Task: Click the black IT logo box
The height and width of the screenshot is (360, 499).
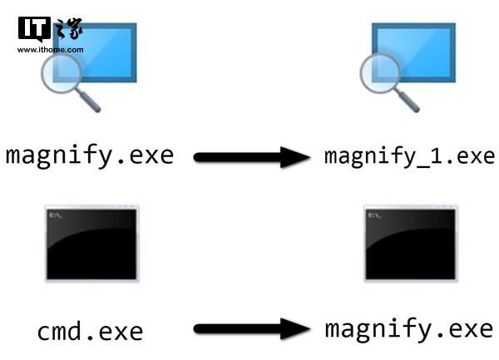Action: [x=34, y=29]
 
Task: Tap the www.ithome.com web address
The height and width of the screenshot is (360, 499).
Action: [x=51, y=50]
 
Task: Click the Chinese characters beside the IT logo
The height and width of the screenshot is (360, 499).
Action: [x=68, y=28]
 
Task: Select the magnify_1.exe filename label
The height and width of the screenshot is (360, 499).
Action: [x=409, y=156]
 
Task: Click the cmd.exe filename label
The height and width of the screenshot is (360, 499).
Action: [x=90, y=332]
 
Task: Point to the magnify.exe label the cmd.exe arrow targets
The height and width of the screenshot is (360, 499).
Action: [x=409, y=331]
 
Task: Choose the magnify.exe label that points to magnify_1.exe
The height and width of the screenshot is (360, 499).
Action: [x=90, y=156]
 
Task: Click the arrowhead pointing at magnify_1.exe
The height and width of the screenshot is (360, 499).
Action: [x=295, y=157]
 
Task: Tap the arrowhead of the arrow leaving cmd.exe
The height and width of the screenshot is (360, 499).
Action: [x=295, y=329]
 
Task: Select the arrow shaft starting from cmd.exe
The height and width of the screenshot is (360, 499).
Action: [x=237, y=329]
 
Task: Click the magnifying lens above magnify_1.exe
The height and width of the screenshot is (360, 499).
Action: [x=380, y=73]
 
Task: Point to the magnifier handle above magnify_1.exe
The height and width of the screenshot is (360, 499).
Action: [x=408, y=101]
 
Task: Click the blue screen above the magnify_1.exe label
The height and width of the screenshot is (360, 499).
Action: [x=413, y=52]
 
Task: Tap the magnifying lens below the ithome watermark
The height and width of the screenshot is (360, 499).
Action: [x=61, y=73]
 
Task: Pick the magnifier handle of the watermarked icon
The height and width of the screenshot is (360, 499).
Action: [x=89, y=101]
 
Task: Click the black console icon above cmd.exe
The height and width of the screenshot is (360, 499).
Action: [x=91, y=244]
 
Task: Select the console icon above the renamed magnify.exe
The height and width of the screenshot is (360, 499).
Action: [x=411, y=244]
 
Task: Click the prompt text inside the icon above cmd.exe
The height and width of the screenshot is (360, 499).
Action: [x=56, y=215]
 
